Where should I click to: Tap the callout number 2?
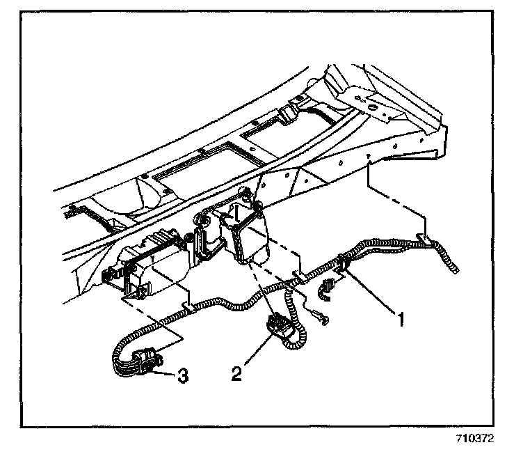[237, 373]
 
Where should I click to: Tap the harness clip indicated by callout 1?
[342, 264]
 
